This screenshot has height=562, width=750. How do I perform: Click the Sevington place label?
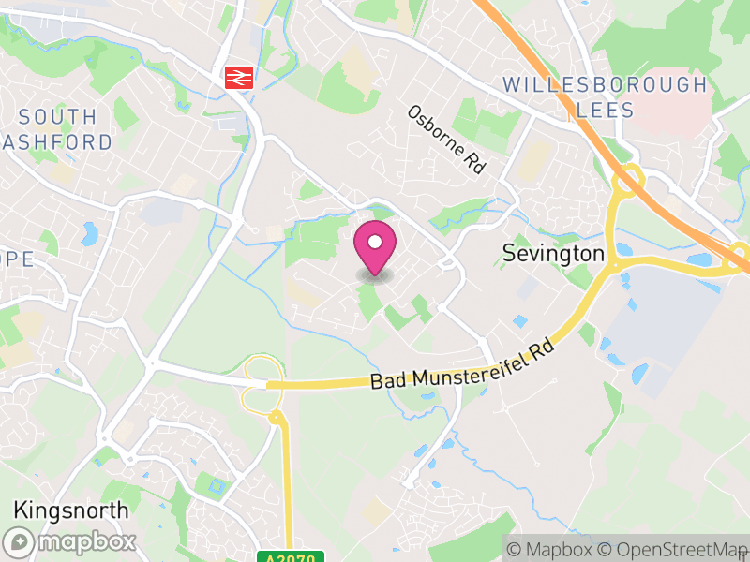coord(553,253)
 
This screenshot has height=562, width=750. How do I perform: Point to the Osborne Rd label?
coord(447,139)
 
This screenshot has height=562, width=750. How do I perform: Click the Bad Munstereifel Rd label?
coord(464,367)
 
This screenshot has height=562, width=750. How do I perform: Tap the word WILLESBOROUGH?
coord(605,84)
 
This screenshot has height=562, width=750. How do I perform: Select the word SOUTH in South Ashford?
coord(57,117)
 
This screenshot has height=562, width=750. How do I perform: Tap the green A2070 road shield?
coord(290,557)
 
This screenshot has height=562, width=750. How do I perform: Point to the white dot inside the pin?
coord(375,244)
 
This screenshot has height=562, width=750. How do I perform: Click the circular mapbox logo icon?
coord(19,541)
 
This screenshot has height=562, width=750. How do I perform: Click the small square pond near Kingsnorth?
coord(218,487)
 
